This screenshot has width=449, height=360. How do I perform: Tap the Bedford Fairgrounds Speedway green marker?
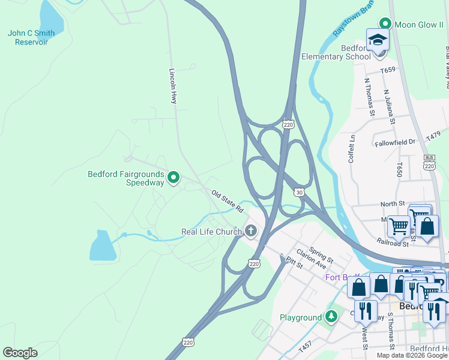click(x=173, y=177)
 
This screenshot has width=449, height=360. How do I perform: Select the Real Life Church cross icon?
click(x=250, y=231)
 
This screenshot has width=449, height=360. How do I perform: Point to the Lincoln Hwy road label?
click(x=173, y=86)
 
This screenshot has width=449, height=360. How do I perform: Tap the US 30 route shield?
click(x=299, y=192)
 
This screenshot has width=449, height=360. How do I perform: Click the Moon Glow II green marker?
click(x=385, y=24)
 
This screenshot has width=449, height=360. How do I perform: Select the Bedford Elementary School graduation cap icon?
click(x=378, y=41)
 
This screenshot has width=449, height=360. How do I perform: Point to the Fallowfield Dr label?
click(x=395, y=142)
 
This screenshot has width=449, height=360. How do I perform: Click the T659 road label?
click(x=388, y=70)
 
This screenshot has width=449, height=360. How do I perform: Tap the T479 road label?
click(x=433, y=137)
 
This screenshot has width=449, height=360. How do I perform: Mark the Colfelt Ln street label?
click(x=352, y=146)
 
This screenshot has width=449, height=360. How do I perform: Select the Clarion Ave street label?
click(x=311, y=259)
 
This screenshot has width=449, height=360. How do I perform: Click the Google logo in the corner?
click(x=20, y=353)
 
